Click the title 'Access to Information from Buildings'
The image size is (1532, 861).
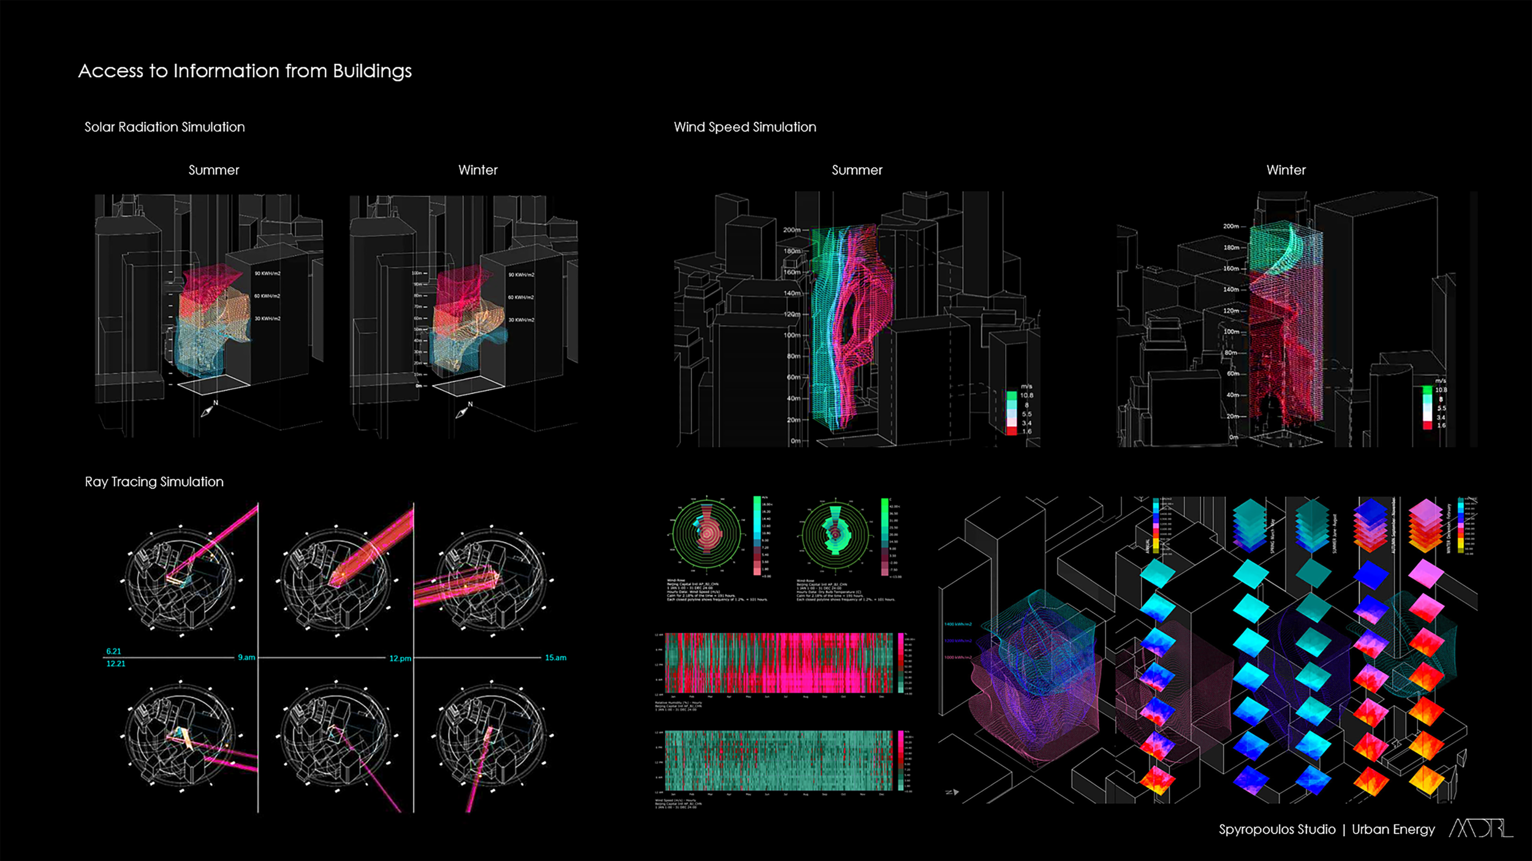coord(245,71)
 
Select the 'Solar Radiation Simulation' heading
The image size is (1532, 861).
coord(164,127)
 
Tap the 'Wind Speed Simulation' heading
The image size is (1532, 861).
coord(745,127)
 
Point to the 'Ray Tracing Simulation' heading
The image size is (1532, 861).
coord(154,482)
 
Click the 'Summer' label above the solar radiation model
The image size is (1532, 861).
coord(213,170)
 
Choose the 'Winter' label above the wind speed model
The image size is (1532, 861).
coord(1286,170)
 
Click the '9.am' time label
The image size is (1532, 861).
coord(246,657)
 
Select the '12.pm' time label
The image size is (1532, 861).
coord(400,658)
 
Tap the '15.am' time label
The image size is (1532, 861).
coord(555,658)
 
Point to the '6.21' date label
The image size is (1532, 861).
coord(113,651)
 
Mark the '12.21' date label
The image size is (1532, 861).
coord(115,664)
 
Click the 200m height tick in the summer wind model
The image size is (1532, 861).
coord(792,230)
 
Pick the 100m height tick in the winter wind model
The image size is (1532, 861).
coord(1232,332)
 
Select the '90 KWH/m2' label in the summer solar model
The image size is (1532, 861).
coord(267,274)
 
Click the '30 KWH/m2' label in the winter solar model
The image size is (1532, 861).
coord(521,320)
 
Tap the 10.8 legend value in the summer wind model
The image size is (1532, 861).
coord(1026,396)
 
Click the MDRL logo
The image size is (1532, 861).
coord(1481,829)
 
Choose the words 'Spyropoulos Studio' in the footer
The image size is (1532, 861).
coord(1276,830)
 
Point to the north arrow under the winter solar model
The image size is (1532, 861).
coord(463,411)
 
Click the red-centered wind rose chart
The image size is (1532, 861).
coord(707,534)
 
